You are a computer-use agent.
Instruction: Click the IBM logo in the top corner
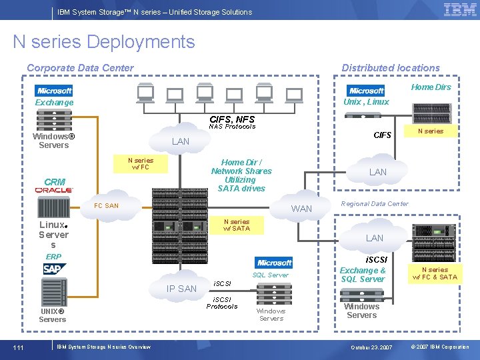point(460,10)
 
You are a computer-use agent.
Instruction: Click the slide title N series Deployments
point(104,42)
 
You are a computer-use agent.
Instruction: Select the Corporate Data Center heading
point(80,68)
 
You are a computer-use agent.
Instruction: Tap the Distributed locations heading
point(391,68)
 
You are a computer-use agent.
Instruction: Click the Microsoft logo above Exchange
point(55,91)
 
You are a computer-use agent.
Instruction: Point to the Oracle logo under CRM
point(55,191)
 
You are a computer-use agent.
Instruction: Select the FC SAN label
point(107,206)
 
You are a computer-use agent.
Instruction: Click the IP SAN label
point(181,289)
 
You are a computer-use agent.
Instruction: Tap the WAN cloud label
point(301,209)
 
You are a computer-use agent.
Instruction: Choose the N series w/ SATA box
point(237,225)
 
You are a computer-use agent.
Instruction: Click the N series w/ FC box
point(140,164)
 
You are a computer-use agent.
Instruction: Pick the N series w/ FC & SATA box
point(435,273)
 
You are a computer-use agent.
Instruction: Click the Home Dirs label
point(431,87)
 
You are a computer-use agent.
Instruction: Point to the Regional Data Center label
point(375,203)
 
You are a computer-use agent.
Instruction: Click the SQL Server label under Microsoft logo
point(270,275)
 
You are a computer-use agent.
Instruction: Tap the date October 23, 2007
point(371,347)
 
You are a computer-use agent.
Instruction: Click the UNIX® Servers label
point(52,315)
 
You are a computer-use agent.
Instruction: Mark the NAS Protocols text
point(232,127)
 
